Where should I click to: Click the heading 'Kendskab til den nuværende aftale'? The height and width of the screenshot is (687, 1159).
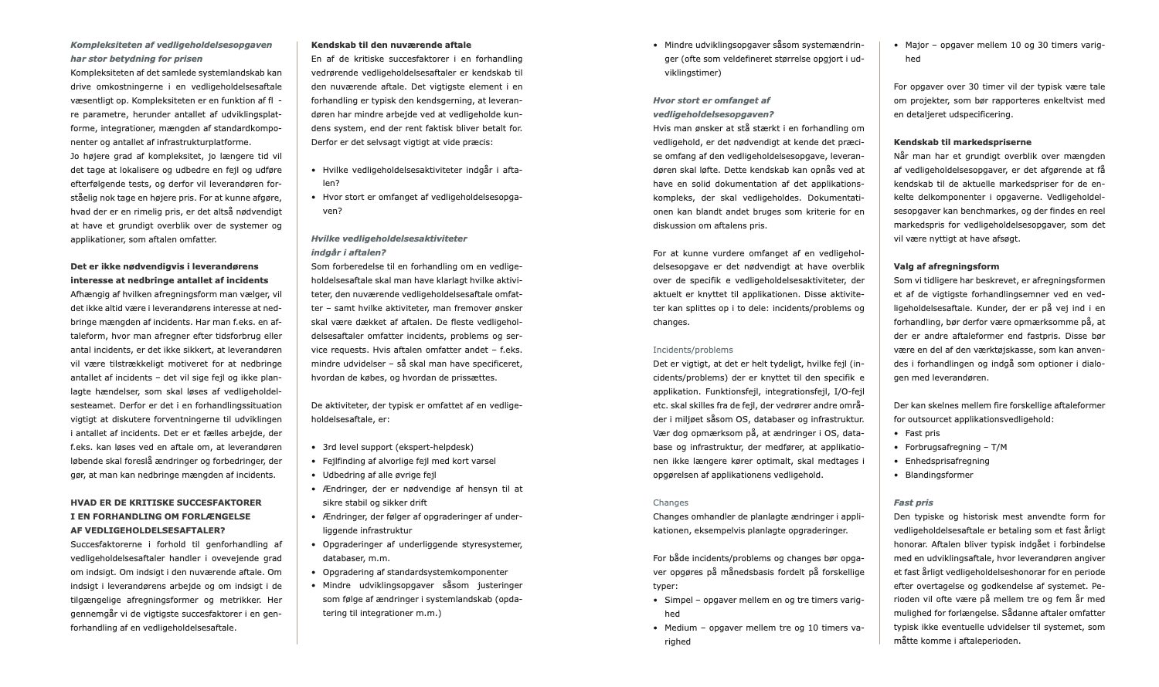point(391,45)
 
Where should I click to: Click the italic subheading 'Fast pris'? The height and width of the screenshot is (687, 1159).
point(913,503)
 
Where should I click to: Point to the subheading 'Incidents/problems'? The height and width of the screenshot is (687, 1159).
point(692,350)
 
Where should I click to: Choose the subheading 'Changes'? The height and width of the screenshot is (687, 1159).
point(671,503)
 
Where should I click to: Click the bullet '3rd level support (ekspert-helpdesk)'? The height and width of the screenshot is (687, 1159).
point(398,447)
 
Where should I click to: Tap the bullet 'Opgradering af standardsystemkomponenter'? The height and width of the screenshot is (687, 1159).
point(415,572)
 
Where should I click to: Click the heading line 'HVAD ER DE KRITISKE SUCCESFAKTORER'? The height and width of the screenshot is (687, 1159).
point(166,503)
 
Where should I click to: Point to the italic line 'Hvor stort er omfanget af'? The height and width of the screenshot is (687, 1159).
point(711,100)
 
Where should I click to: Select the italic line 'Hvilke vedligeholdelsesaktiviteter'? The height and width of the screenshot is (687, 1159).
point(389,239)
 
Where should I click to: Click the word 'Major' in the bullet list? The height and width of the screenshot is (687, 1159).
point(916,45)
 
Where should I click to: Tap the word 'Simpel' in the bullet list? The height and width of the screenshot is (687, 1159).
point(678,600)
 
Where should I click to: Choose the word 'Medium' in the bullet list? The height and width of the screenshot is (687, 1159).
point(681,628)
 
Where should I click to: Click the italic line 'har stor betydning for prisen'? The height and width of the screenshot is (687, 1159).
point(137,59)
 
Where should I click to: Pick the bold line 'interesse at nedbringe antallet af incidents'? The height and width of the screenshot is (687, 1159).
point(169,280)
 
